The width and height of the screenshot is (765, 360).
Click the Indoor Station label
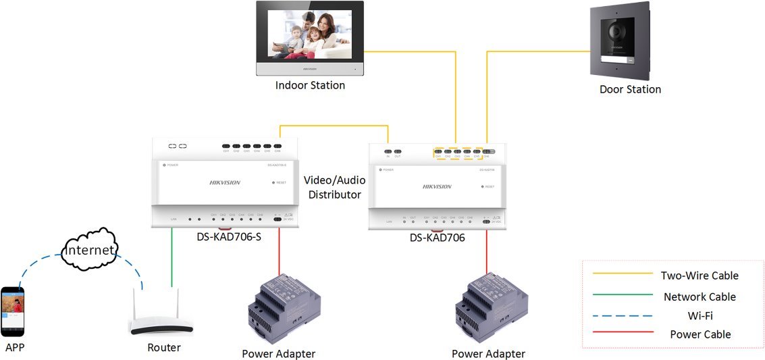(310, 86)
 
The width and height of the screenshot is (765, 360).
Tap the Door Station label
(630, 89)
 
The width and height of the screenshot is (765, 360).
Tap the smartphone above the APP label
(13, 311)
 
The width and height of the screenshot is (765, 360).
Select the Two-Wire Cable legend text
(699, 276)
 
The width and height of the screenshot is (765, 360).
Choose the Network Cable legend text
(699, 297)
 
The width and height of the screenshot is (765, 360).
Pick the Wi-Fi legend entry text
(700, 315)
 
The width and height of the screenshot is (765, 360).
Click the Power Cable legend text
(700, 334)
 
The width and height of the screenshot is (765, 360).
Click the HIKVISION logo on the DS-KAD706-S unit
(225, 182)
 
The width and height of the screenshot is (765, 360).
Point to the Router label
(164, 348)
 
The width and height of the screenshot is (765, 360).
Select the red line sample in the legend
(623, 332)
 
